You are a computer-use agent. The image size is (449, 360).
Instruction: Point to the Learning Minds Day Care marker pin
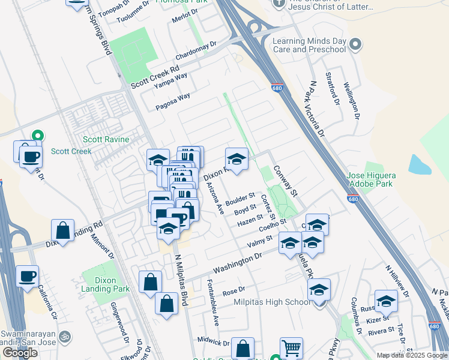[356, 44]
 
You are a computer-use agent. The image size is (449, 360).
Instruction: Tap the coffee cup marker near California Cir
[28, 277]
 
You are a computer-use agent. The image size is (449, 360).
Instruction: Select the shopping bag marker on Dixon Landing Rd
[62, 230]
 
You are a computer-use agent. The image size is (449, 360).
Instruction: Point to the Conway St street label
[286, 181]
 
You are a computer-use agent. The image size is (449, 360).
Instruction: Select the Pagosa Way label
[173, 100]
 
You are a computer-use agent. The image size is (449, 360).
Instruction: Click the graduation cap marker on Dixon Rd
[237, 160]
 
